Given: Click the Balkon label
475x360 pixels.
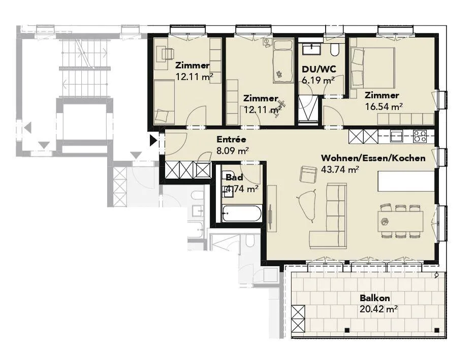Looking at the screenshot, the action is point(375,298).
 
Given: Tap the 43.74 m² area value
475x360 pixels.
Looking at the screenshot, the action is point(340,170).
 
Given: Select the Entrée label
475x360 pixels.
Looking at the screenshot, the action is point(231,140).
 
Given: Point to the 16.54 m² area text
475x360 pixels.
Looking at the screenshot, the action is point(384,107).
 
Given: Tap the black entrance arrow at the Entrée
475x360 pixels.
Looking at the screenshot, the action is point(153,140).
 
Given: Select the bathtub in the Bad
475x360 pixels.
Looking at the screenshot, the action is point(242,214).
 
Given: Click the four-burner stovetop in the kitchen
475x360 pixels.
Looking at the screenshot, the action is point(420,136).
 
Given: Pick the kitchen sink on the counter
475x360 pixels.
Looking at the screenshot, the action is point(396,136).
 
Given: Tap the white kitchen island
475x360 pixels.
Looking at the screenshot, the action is point(406,181).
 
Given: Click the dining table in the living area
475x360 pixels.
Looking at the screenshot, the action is point(400,221).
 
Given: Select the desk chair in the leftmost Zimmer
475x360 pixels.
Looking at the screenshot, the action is point(168,54).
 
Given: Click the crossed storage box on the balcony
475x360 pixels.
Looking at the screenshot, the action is point(298,318).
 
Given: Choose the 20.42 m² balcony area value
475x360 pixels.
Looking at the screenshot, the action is point(378,309).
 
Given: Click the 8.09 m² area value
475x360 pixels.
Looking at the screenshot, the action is point(233,150).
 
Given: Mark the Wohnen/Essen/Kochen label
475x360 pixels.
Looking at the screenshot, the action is point(373,158).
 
